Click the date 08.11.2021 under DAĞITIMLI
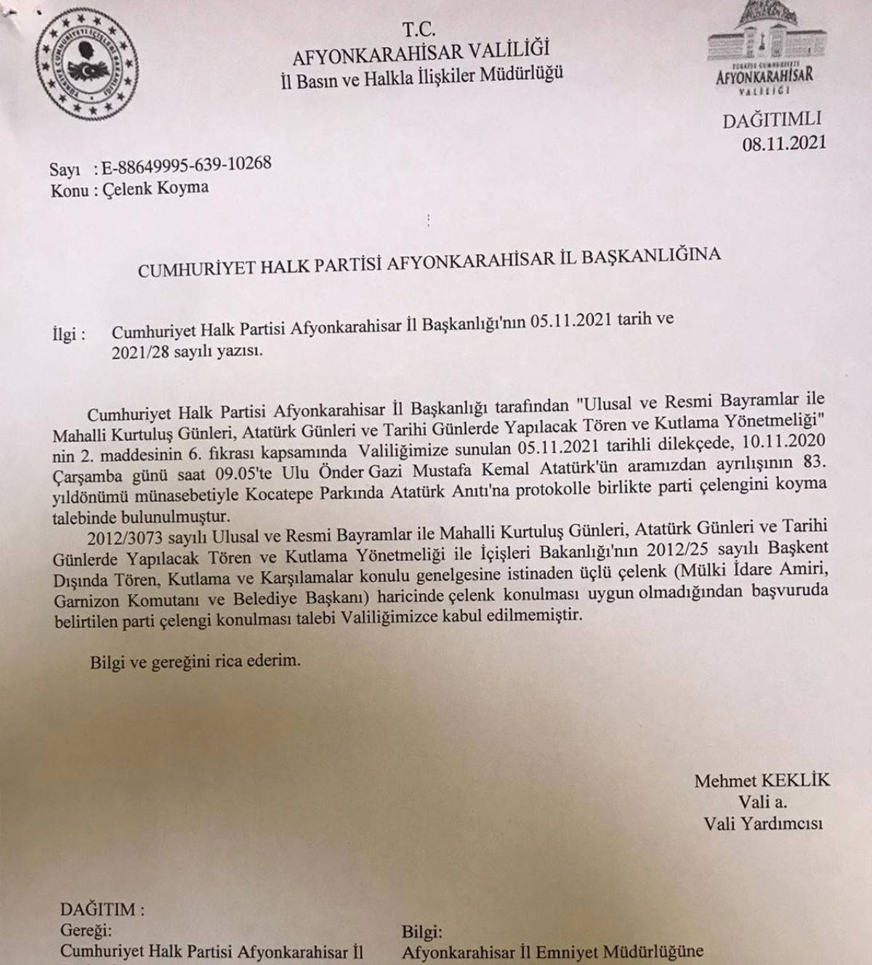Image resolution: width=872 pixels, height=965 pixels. (x=784, y=143)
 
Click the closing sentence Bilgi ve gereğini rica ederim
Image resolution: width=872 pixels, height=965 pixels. (x=195, y=661)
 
